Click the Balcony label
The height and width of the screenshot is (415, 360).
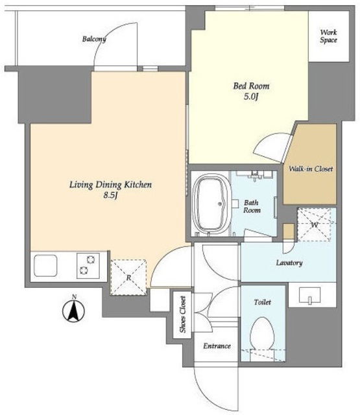tap(94, 39)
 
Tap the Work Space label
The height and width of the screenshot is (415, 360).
tap(328, 36)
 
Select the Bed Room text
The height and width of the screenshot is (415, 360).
tap(251, 86)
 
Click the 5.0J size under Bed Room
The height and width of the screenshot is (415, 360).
tap(250, 97)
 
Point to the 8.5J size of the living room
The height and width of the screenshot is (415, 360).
tap(110, 195)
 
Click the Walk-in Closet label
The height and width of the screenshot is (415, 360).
tap(311, 169)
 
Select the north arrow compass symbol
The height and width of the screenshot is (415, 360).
tap(73, 310)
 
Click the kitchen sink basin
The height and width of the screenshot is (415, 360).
tap(45, 265)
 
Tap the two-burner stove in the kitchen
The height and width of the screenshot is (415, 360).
tap(88, 266)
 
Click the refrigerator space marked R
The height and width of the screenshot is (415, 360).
tap(128, 278)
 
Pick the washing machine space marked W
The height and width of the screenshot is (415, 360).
tap(315, 225)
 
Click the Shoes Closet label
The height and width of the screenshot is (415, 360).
tap(183, 314)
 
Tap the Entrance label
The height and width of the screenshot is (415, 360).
tap(217, 346)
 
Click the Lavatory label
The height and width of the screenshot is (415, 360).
tap(289, 263)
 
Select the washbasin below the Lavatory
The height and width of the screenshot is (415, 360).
tap(309, 295)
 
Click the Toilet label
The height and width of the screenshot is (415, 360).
tap(262, 302)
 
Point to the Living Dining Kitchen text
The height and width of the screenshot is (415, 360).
tap(111, 184)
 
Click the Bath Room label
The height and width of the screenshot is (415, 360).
tap(252, 206)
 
